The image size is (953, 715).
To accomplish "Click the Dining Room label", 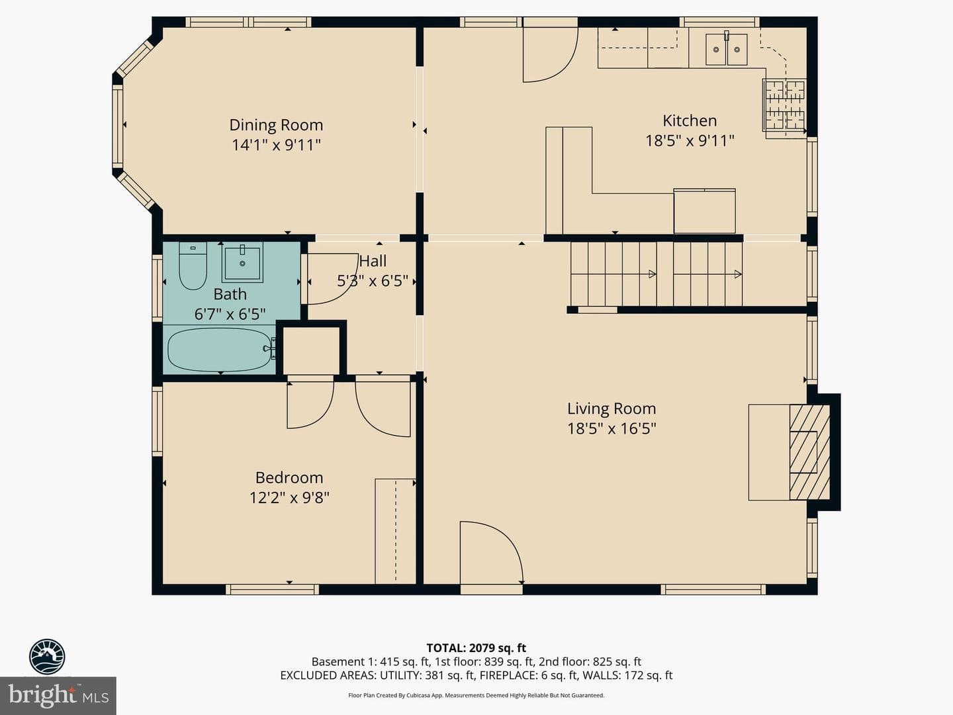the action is point(276,125).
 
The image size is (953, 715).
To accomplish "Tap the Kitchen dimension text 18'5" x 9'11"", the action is point(690,140).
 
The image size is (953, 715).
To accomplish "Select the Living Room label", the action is point(612,408).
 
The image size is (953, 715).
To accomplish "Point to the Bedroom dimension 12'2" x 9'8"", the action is point(289,497).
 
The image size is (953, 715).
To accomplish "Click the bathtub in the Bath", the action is point(220,350).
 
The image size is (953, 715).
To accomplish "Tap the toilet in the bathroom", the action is point(193,266).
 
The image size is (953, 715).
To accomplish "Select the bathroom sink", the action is point(242,263).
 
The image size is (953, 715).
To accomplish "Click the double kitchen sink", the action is point(726,50).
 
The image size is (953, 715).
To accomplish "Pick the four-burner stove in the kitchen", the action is point(784,105).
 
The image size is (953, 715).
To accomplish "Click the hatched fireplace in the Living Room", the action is point(809,452).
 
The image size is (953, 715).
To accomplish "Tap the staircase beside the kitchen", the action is point(656,274).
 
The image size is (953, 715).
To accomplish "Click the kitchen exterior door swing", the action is point(551,55).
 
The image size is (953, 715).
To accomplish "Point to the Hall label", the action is point(373,262).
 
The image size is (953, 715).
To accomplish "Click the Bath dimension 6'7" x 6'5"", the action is point(230,314).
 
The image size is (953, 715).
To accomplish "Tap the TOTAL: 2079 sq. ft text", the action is point(476,648).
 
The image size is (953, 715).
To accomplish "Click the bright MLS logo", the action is point(58,696).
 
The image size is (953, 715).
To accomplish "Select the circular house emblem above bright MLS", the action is point(47,656).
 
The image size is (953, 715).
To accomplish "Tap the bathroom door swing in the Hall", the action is point(333,279).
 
